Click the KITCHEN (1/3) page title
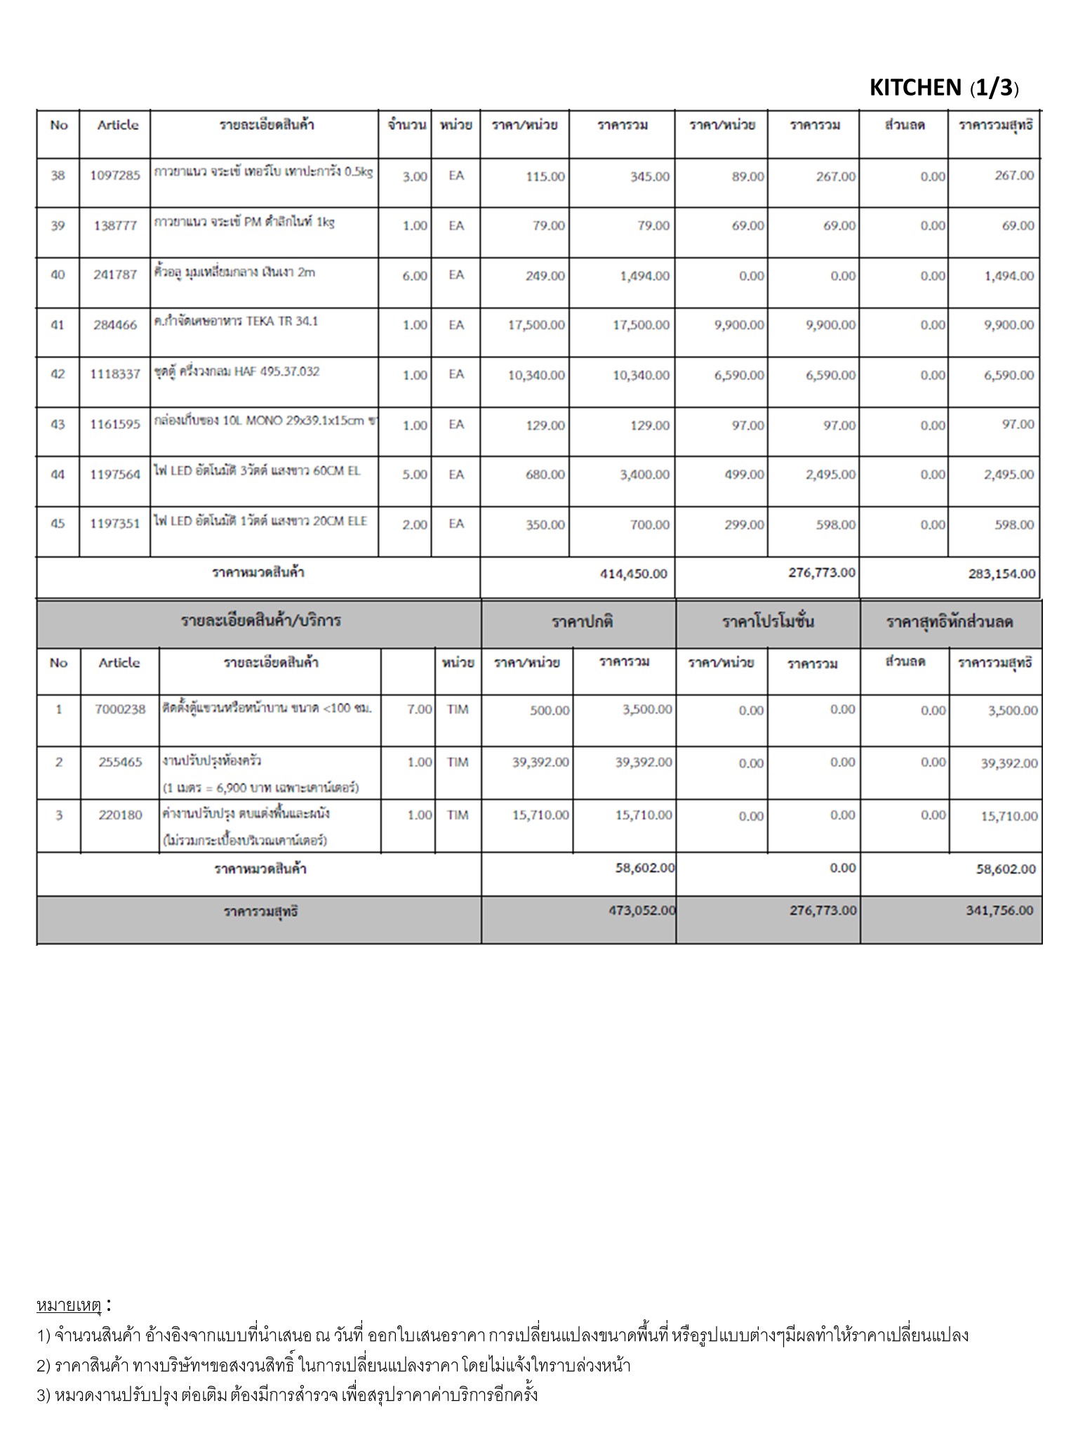(x=943, y=88)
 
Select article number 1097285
(x=115, y=176)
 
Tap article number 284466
(x=115, y=325)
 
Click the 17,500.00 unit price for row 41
(x=536, y=325)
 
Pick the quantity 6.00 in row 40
(x=414, y=276)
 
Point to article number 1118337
(x=115, y=374)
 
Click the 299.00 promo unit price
(x=745, y=525)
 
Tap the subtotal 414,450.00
(x=633, y=574)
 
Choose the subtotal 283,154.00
(x=1002, y=574)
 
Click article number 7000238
(x=120, y=709)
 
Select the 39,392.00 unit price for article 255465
(x=540, y=763)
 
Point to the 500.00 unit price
(x=550, y=711)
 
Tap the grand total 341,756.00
(x=999, y=911)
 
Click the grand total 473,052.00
(x=642, y=911)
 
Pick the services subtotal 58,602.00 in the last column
(x=1006, y=869)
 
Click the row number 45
(x=58, y=524)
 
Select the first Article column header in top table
(x=117, y=125)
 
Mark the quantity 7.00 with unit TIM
(x=419, y=710)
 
